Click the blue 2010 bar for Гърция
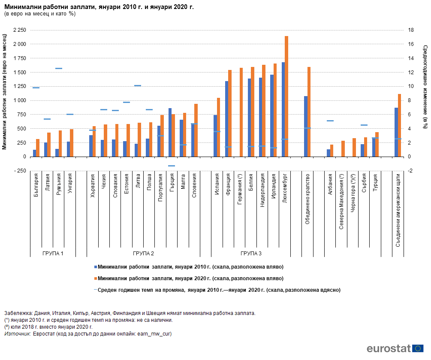click(x=170, y=133)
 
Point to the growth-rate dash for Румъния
click(x=59, y=68)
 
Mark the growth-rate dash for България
click(x=36, y=88)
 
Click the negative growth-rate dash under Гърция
click(x=172, y=166)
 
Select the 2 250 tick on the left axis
click(x=20, y=30)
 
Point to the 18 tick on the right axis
click(x=411, y=30)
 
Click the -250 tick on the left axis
click(x=20, y=171)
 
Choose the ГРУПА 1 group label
click(x=53, y=253)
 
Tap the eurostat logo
click(x=395, y=348)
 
